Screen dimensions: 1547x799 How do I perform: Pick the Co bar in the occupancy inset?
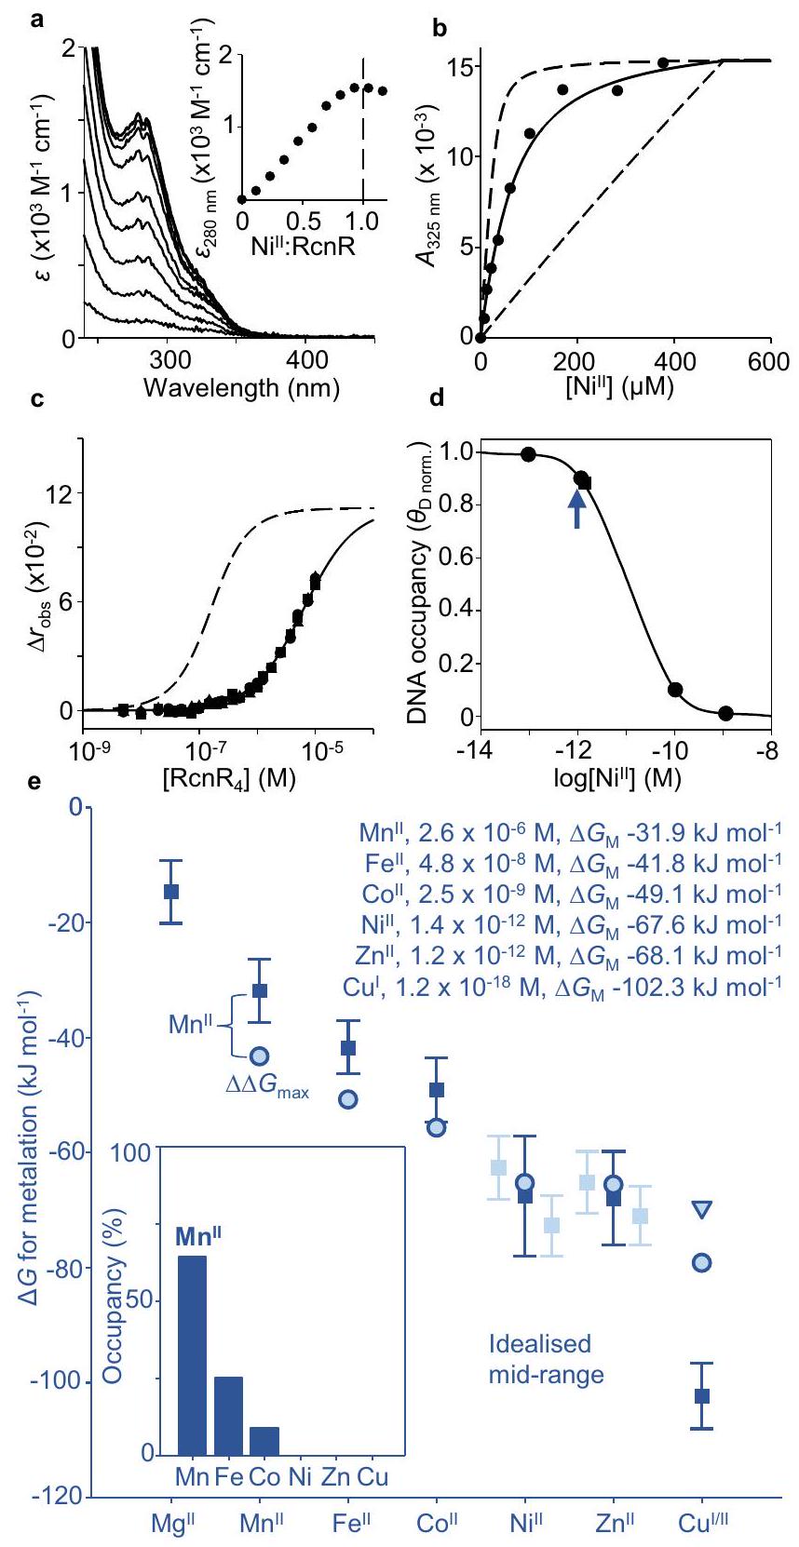coord(264,1440)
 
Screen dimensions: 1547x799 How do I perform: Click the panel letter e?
coord(34,783)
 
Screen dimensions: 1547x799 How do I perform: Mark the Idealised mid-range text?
coord(546,1359)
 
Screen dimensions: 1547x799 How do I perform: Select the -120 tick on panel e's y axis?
coord(59,1497)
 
